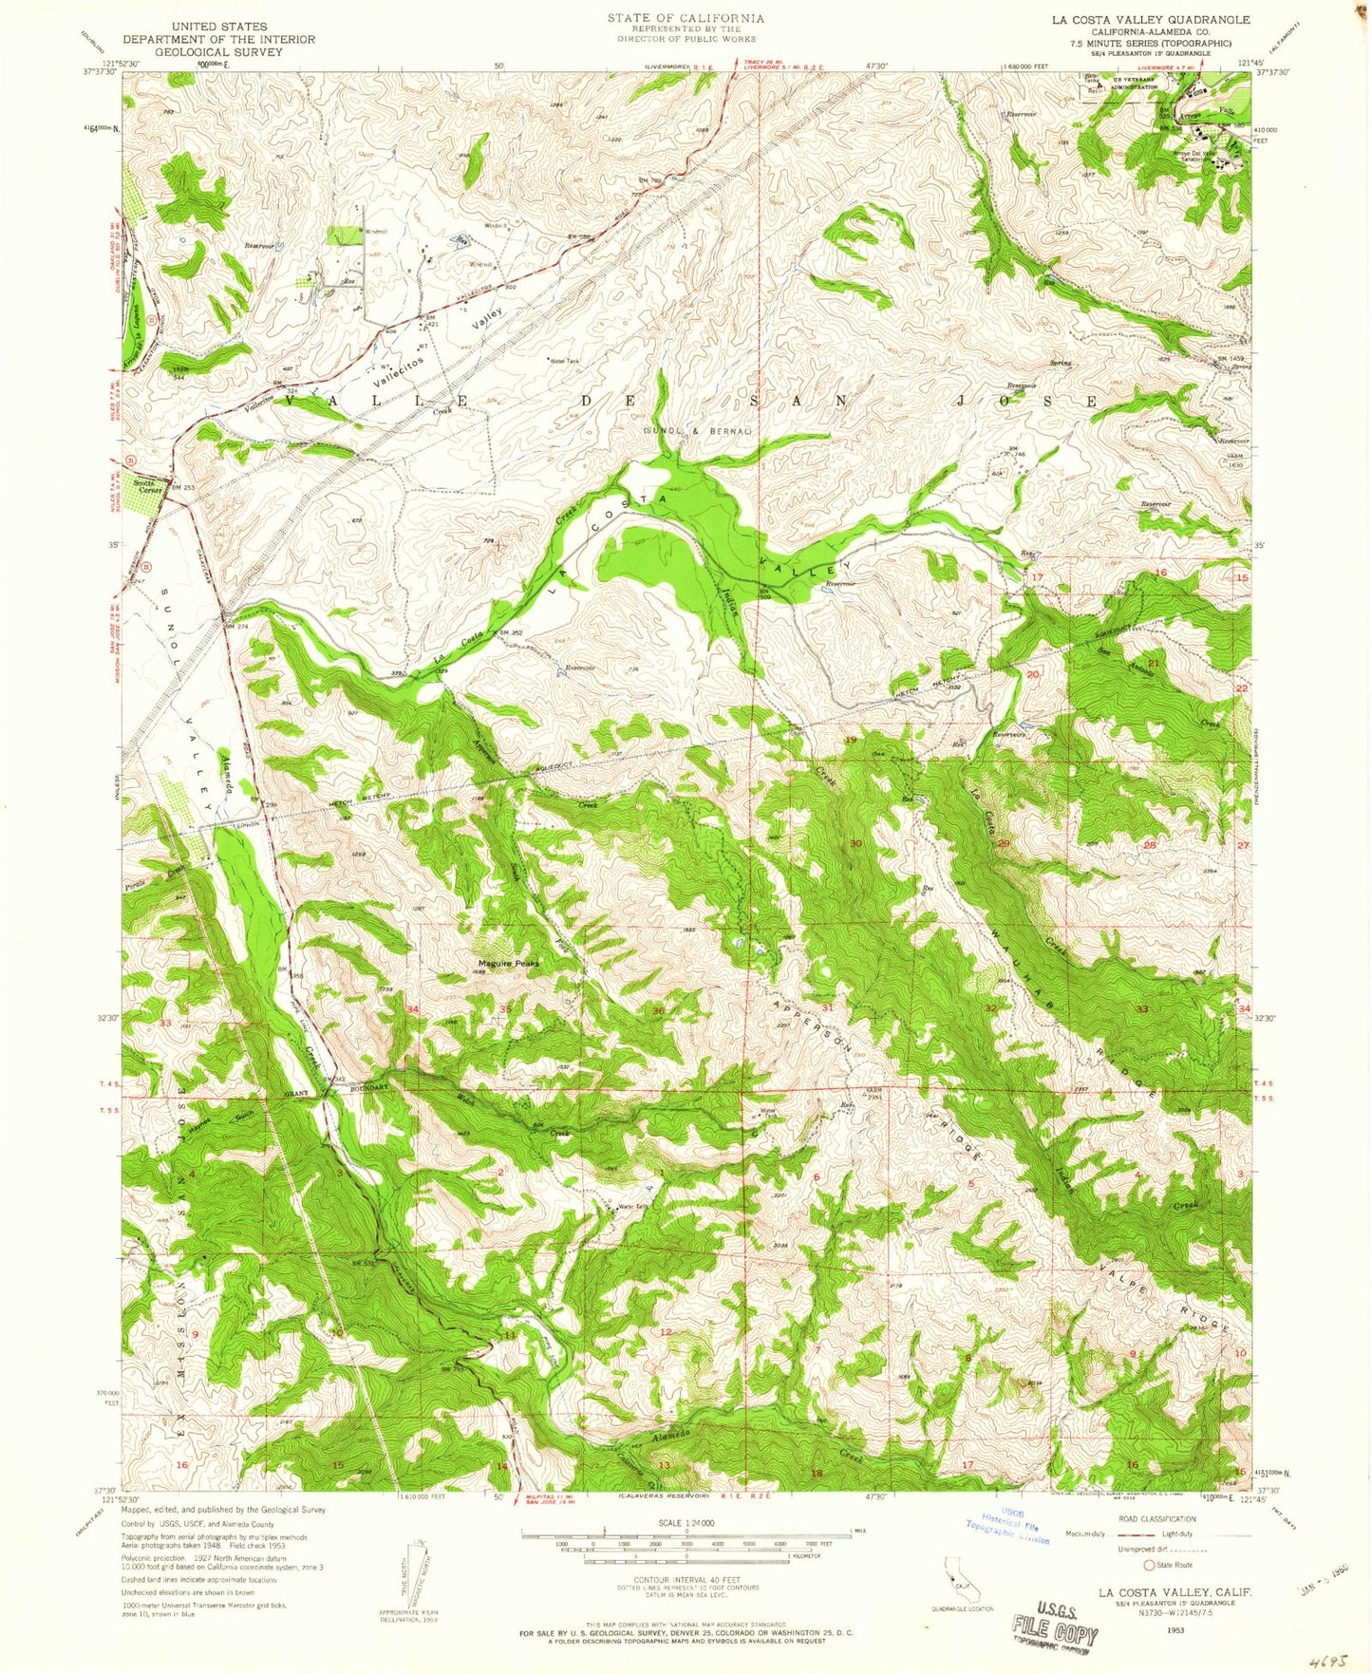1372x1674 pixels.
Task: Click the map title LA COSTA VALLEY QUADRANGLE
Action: (x=1149, y=20)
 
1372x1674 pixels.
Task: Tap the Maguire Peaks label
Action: (x=507, y=963)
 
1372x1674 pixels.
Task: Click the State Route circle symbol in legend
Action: (x=1150, y=1566)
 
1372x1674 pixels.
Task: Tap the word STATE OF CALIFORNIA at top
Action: (x=686, y=18)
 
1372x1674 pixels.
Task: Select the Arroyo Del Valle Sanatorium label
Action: (x=1194, y=157)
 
